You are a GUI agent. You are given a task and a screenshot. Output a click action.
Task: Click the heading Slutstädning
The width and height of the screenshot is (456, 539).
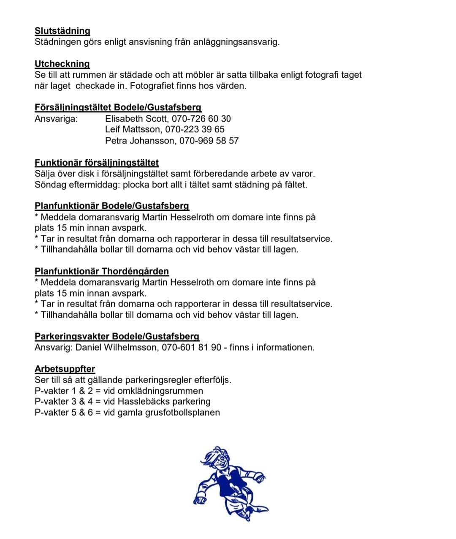[x=62, y=31]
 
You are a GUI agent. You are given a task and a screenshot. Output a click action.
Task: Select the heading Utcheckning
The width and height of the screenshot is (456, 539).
[x=62, y=64]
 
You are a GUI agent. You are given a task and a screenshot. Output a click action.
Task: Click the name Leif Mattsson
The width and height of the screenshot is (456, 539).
[x=133, y=129]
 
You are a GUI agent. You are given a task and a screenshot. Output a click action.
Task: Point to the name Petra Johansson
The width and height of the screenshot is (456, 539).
[x=140, y=141]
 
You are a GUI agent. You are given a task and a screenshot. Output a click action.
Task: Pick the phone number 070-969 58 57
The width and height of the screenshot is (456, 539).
[x=209, y=141]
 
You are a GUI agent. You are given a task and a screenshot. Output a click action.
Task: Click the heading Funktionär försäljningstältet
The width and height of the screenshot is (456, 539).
[x=97, y=163]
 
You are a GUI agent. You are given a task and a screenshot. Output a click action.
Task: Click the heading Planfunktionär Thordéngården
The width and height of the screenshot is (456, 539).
[x=102, y=271]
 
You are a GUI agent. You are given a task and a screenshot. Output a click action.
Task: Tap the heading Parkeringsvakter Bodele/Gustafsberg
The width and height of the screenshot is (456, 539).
[x=117, y=336]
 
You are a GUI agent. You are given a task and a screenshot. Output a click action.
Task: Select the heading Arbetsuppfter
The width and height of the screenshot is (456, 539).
[x=65, y=369]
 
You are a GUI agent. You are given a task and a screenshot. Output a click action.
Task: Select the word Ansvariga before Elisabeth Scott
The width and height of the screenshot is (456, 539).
[x=56, y=119]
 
